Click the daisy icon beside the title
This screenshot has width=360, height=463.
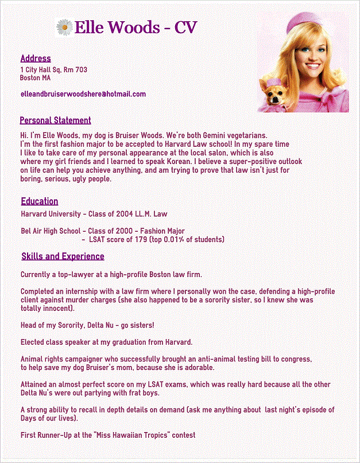pyautogui.click(x=64, y=26)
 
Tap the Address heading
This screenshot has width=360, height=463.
pyautogui.click(x=36, y=59)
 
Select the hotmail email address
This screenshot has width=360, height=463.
pyautogui.click(x=83, y=94)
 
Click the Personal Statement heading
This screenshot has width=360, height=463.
pyautogui.click(x=55, y=120)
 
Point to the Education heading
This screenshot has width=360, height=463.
pyautogui.click(x=40, y=201)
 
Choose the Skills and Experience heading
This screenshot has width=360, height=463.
pyautogui.click(x=63, y=256)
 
